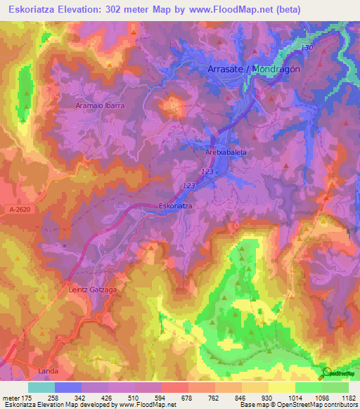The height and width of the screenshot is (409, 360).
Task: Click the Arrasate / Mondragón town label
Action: [x=254, y=70]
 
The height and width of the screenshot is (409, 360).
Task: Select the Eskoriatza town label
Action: [x=176, y=206]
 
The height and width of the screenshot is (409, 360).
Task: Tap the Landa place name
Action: [x=44, y=370]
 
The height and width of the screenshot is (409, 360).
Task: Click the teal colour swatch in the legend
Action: [x=41, y=387]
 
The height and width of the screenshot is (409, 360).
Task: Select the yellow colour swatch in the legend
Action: [x=281, y=387]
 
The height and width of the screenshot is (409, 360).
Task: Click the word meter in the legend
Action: [x=13, y=397]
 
